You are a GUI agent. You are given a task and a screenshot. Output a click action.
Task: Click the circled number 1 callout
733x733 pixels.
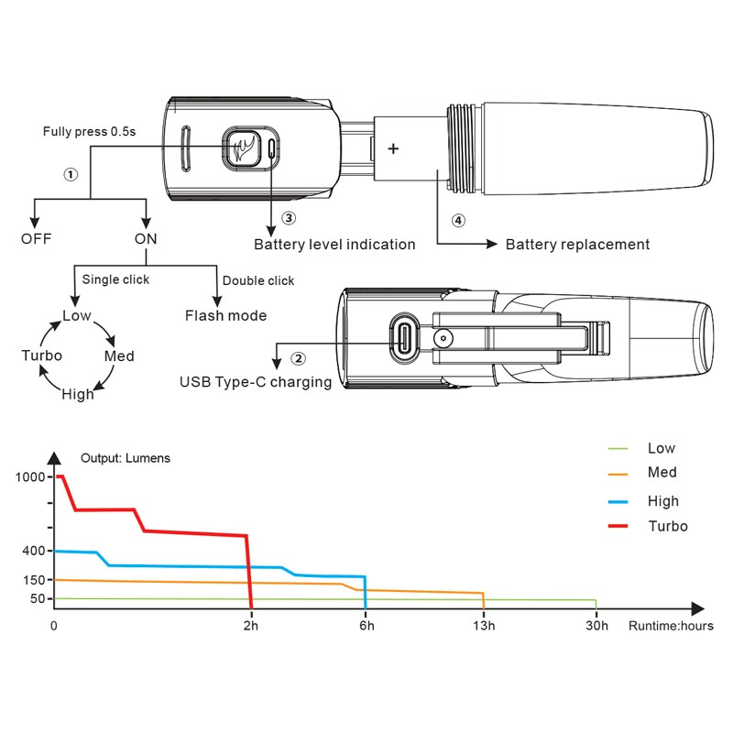pos(71,173)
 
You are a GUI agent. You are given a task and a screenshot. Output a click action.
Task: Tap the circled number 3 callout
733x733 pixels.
pos(289,218)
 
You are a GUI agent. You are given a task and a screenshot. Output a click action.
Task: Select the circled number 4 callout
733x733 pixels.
pos(459,220)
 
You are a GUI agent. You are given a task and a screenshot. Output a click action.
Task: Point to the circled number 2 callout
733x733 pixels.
pos(297,358)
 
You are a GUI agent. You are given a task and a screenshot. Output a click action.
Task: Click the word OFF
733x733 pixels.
pos(37,239)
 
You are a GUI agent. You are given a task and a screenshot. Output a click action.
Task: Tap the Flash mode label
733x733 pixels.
pos(225,316)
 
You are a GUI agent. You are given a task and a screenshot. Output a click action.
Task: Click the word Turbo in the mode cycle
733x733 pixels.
pos(41,356)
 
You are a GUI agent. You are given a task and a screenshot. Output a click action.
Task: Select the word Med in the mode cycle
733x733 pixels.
pos(119,356)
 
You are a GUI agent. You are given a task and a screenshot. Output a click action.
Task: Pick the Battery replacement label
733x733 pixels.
pos(577,245)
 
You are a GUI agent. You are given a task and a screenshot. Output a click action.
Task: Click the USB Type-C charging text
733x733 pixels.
pos(256,382)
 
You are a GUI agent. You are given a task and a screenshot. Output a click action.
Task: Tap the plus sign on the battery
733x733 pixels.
pos(394,148)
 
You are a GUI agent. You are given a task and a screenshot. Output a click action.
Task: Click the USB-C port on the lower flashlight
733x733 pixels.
pos(405,337)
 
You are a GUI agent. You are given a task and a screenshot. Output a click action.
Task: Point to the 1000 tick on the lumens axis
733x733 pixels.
pos(28,476)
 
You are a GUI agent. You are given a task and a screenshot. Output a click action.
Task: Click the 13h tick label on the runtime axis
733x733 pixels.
pos(484,627)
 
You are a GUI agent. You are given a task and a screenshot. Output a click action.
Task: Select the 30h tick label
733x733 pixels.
pos(596,627)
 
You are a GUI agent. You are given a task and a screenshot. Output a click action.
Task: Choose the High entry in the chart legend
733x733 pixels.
pos(662,501)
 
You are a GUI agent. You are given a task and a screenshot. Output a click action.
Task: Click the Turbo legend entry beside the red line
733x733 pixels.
pos(667,526)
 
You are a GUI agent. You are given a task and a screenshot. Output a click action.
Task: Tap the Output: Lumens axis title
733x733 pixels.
pos(125,458)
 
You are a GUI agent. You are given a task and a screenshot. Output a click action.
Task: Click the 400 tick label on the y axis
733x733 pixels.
pos(32,551)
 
